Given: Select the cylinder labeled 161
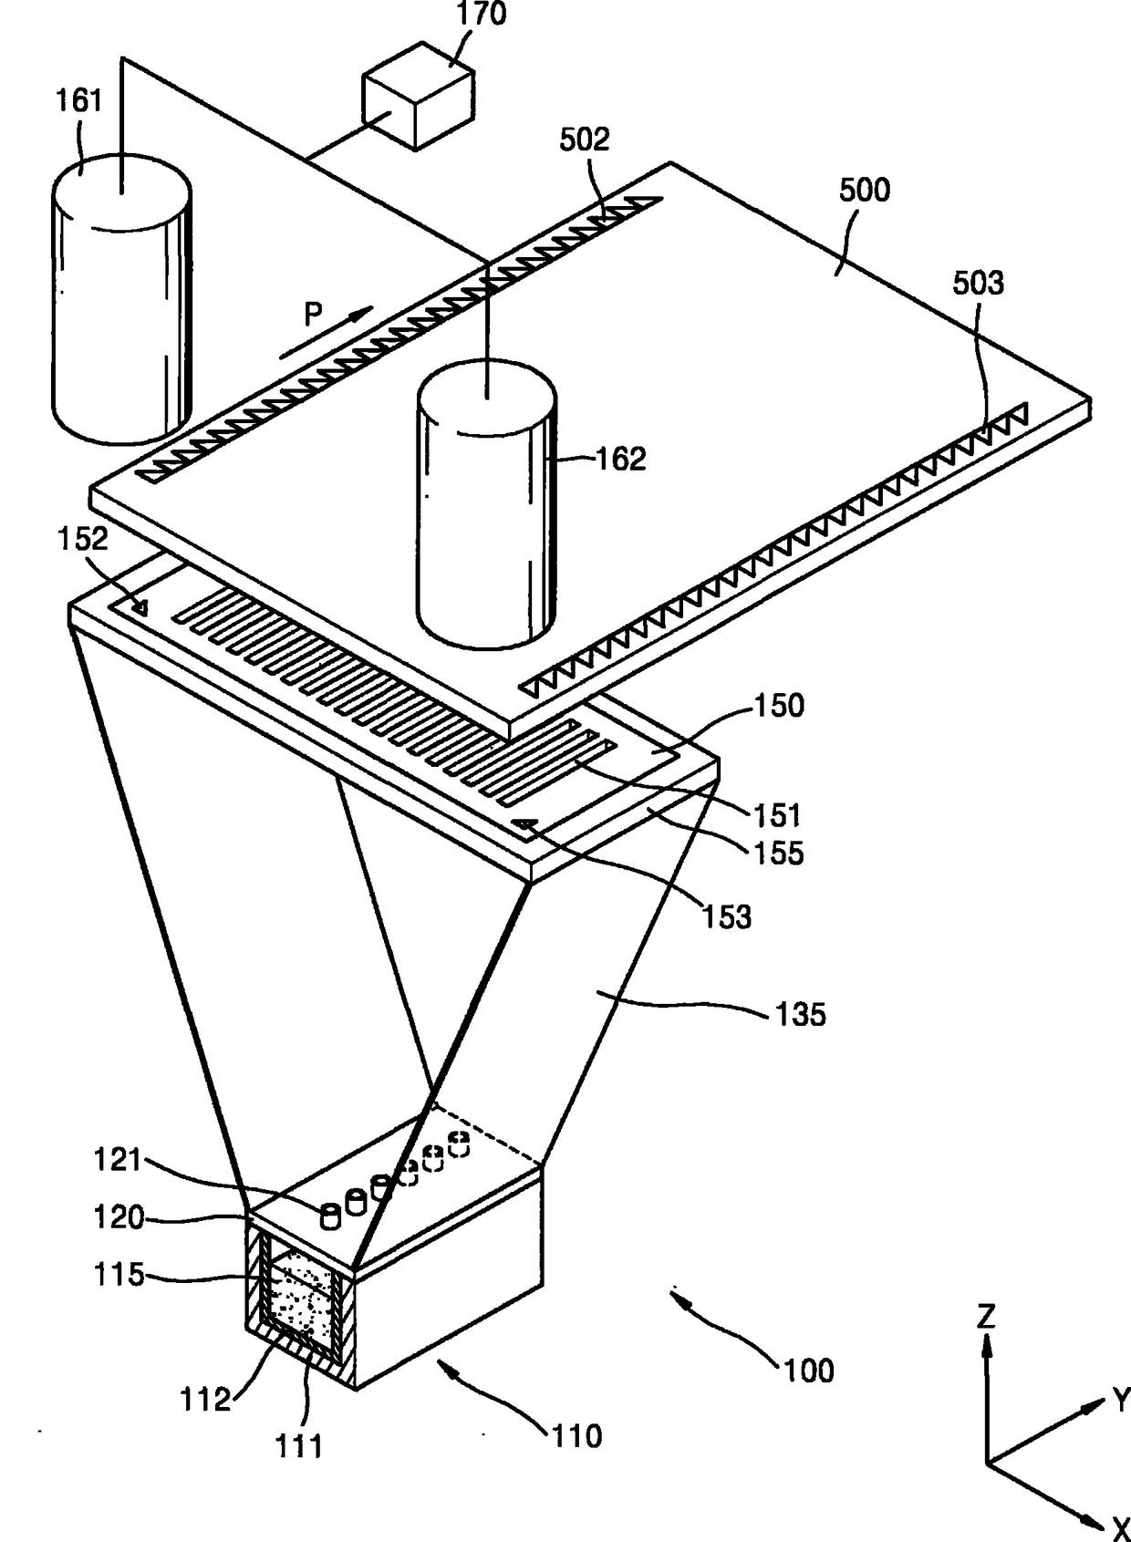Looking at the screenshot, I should coord(120,301).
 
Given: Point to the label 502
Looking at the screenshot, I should coord(584,140).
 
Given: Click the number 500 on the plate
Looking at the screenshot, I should coord(864,191).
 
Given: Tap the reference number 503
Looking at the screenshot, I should coord(978,284).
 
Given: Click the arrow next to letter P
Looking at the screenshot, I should coord(326,333).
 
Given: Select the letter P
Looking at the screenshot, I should coord(313,315).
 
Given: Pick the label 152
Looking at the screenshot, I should coord(83,539).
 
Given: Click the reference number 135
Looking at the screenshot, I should coord(800,1014).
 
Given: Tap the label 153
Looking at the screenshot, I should coord(726,916).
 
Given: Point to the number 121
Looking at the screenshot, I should coord(119,1160).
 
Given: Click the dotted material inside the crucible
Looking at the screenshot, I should coord(301,1295).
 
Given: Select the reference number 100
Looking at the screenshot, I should coord(809,1371).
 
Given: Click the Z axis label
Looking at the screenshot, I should coord(986,1317).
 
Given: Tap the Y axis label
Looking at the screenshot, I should coord(1120,1401).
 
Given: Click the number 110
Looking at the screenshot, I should coord(576,1436).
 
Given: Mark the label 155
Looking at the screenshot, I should coord(778,854).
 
